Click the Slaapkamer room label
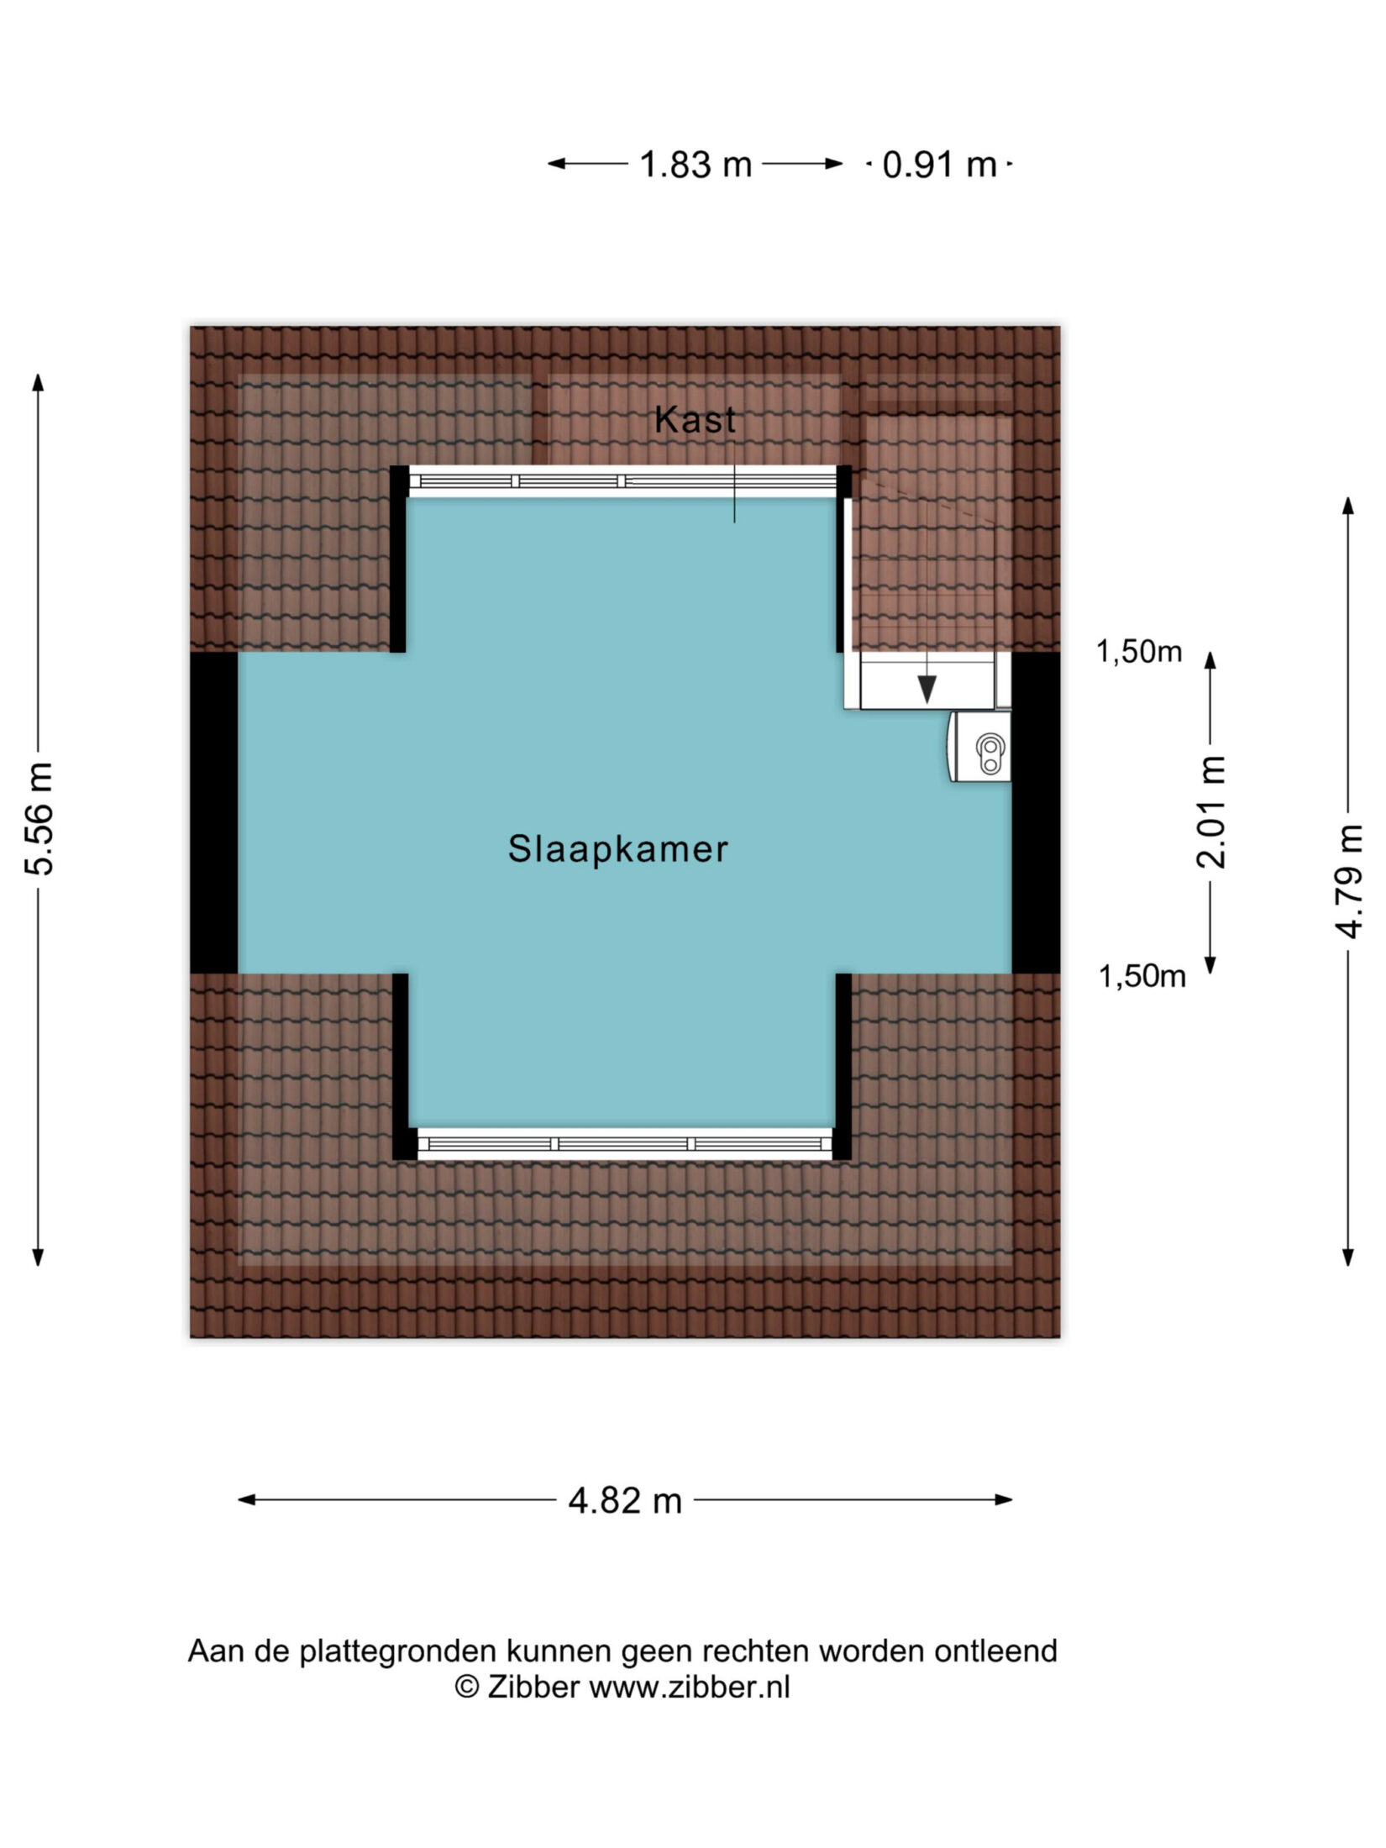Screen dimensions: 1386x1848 [617, 849]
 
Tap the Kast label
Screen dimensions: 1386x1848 [695, 420]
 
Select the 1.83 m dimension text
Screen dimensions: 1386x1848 [696, 165]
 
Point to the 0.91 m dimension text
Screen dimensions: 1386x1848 [939, 165]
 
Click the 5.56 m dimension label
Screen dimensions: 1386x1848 [39, 819]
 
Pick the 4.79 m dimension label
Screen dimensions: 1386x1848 [1349, 881]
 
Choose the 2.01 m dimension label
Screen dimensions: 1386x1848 [1211, 811]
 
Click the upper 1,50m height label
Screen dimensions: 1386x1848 [1139, 652]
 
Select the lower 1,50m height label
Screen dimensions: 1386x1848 [1142, 976]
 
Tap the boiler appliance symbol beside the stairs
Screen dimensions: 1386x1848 [980, 747]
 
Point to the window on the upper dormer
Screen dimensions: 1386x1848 [623, 481]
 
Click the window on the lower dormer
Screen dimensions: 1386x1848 [624, 1143]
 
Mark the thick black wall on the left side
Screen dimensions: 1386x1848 [214, 813]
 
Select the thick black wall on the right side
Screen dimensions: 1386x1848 [1036, 813]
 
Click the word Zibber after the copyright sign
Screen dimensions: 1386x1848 [534, 1687]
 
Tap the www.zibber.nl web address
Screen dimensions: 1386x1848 [690, 1687]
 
